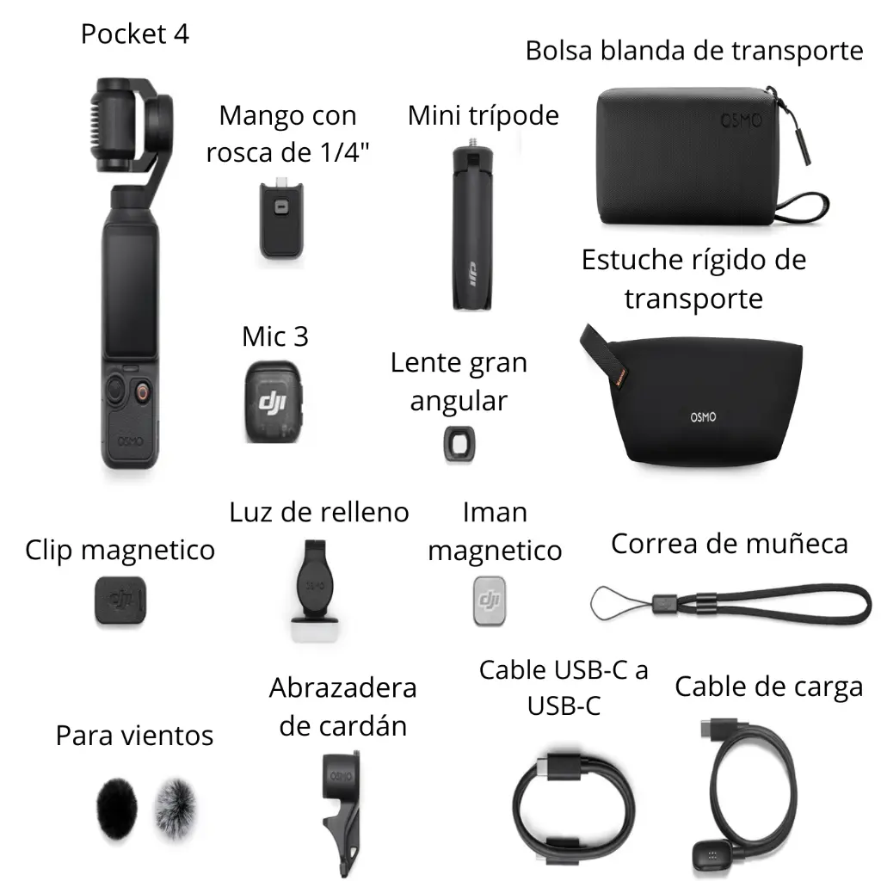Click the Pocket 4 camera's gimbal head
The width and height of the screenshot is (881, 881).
(129, 125)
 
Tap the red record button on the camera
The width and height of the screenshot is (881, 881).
(143, 393)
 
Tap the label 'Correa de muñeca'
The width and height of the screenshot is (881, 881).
(730, 544)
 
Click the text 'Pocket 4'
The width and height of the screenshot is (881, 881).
(135, 34)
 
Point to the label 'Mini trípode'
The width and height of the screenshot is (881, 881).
(484, 115)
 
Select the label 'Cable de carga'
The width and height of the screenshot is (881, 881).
(768, 687)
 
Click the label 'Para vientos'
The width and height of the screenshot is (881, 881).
(134, 736)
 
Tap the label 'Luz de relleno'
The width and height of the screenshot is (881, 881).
(319, 512)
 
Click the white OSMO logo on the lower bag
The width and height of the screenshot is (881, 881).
(703, 417)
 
